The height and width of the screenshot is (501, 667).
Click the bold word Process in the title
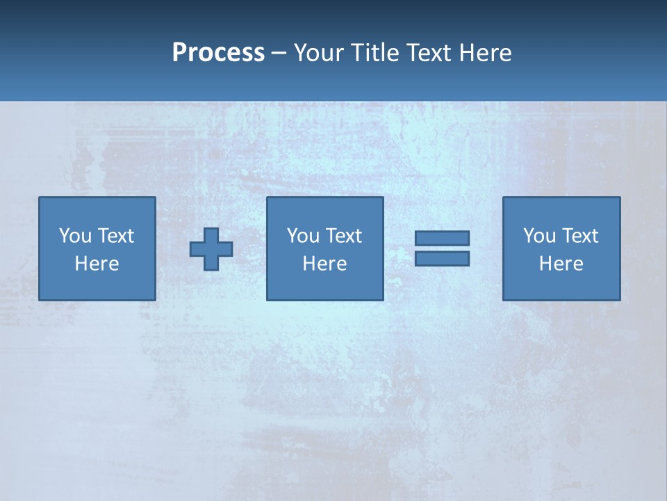(218, 53)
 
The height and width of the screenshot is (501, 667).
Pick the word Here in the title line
(486, 53)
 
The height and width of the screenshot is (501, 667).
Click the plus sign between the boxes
(211, 248)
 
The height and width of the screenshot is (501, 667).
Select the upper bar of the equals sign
(442, 238)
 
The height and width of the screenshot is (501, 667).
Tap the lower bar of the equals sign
(442, 259)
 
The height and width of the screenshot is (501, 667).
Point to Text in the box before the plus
(115, 236)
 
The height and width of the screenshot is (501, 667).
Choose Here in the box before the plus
(97, 264)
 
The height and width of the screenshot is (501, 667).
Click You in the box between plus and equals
(303, 236)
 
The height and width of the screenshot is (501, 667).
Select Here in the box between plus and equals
(324, 264)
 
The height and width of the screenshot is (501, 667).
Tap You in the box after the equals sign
(539, 236)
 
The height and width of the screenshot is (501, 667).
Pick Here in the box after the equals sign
(561, 264)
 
